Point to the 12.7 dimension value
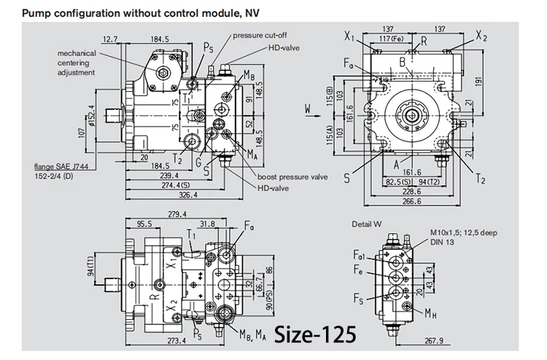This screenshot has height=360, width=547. tap(111, 39)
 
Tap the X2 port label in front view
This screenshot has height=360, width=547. tap(481, 34)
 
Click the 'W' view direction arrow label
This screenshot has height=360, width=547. tap(309, 110)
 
